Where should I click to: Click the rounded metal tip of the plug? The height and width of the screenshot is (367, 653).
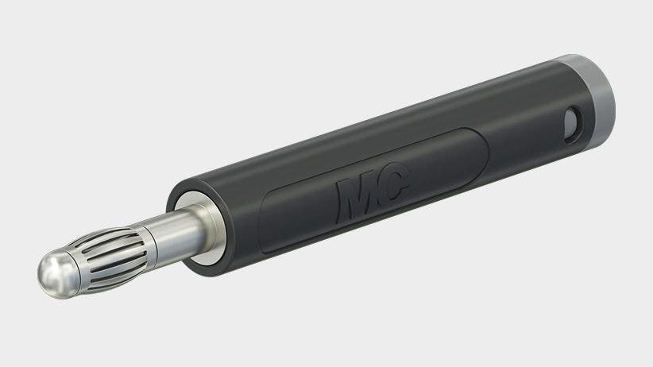[x=53, y=272]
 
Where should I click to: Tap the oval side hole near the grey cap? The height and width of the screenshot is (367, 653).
[x=571, y=122]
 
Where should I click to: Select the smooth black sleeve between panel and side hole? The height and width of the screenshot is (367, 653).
[x=524, y=131]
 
